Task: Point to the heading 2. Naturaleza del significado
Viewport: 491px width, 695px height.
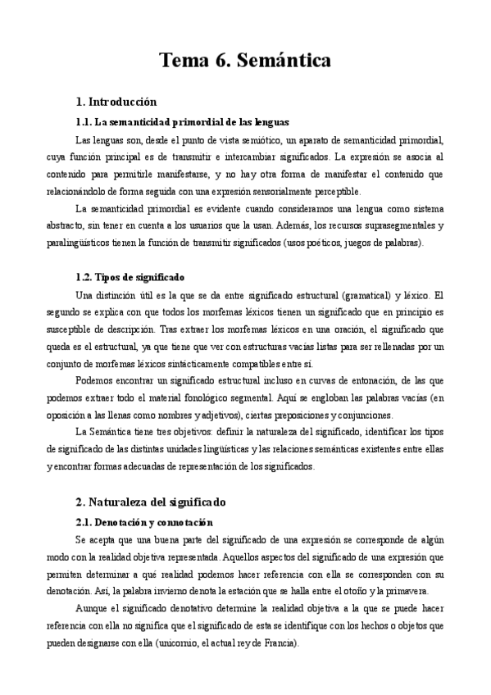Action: click(x=150, y=501)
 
